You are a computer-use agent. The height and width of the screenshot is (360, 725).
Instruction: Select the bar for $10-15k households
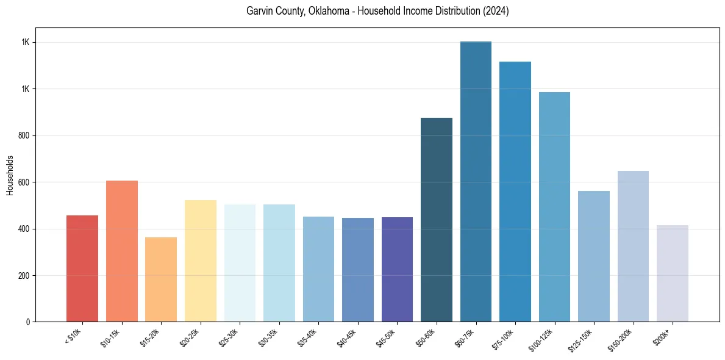pos(122,251)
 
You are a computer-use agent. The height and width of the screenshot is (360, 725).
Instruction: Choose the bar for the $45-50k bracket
pos(397,269)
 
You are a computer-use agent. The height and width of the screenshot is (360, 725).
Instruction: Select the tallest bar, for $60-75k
pos(476,182)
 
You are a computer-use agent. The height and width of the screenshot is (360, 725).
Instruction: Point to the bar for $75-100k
pos(515,192)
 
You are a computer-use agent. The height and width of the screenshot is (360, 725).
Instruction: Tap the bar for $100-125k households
pos(554,207)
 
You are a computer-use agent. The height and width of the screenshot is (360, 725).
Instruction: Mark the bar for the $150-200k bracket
pos(633,247)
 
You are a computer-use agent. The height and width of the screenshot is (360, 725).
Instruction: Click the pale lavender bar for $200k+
pos(673,273)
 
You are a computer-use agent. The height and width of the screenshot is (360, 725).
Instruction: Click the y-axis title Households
pos(10,175)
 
